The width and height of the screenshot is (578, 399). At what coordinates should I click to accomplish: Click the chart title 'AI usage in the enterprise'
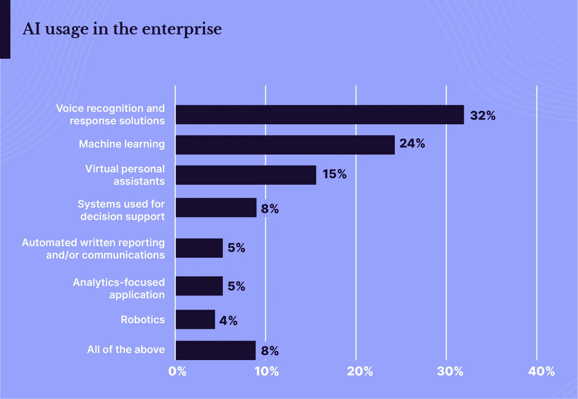pyautogui.click(x=122, y=29)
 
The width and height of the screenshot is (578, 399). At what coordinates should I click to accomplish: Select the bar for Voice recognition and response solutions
pyautogui.click(x=319, y=115)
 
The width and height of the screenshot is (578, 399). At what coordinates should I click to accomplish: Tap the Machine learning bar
pyautogui.click(x=285, y=145)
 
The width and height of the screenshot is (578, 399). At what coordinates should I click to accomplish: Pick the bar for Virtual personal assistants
pyautogui.click(x=246, y=175)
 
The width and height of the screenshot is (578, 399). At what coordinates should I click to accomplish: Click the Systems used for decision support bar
pyautogui.click(x=216, y=208)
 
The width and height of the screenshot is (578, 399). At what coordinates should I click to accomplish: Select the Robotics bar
pyautogui.click(x=195, y=319)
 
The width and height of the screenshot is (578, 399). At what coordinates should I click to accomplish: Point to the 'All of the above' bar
pyautogui.click(x=215, y=350)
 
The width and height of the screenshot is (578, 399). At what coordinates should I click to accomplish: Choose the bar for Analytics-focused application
pyautogui.click(x=199, y=286)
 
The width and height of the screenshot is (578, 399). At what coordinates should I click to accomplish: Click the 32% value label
pyautogui.click(x=483, y=116)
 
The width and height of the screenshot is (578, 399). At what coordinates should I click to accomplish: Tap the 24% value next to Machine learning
pyautogui.click(x=412, y=143)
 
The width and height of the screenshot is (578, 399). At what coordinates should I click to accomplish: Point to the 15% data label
pyautogui.click(x=334, y=174)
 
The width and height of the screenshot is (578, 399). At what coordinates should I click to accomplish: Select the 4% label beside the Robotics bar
pyautogui.click(x=228, y=321)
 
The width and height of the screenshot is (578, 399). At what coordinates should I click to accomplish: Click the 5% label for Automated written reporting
pyautogui.click(x=236, y=248)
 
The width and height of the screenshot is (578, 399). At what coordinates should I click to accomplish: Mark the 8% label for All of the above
pyautogui.click(x=270, y=351)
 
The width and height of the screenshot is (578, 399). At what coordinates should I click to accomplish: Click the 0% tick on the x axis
pyautogui.click(x=177, y=371)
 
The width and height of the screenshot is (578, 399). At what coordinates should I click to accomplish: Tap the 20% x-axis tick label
pyautogui.click(x=360, y=371)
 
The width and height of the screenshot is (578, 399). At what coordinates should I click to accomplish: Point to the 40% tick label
pyautogui.click(x=541, y=371)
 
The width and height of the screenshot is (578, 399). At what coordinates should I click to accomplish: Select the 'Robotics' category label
pyautogui.click(x=143, y=319)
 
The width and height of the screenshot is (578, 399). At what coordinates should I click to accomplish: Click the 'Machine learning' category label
pyautogui.click(x=122, y=144)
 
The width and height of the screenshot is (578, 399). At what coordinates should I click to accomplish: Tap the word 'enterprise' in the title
pyautogui.click(x=182, y=29)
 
